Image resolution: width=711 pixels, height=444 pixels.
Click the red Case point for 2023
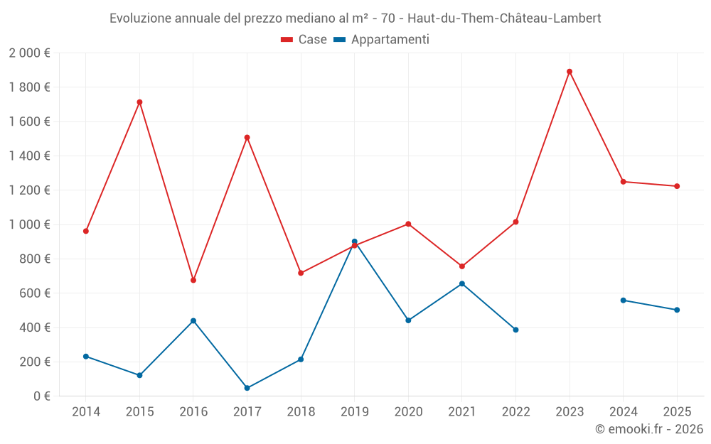[570, 72]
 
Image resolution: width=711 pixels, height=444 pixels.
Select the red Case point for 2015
[139, 102]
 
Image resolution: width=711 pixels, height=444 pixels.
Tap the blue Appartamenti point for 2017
[247, 388]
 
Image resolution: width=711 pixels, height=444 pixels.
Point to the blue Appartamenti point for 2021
[462, 283]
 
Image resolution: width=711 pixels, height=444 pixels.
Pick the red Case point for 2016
[193, 280]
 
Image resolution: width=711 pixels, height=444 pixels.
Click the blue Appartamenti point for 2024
[624, 300]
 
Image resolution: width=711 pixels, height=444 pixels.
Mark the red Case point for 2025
[677, 186]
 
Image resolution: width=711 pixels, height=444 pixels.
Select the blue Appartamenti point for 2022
[515, 330]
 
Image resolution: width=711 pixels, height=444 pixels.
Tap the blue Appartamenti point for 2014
[86, 357]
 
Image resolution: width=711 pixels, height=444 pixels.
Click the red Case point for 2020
[408, 224]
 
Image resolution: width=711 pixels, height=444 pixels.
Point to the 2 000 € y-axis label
[30, 53]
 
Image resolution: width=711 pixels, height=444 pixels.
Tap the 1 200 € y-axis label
[30, 190]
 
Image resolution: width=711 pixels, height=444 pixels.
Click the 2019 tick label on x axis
[355, 412]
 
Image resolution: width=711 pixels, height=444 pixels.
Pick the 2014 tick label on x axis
[86, 412]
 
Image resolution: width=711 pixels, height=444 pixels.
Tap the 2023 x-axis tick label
[570, 412]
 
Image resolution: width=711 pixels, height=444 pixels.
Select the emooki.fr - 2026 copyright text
[649, 429]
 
